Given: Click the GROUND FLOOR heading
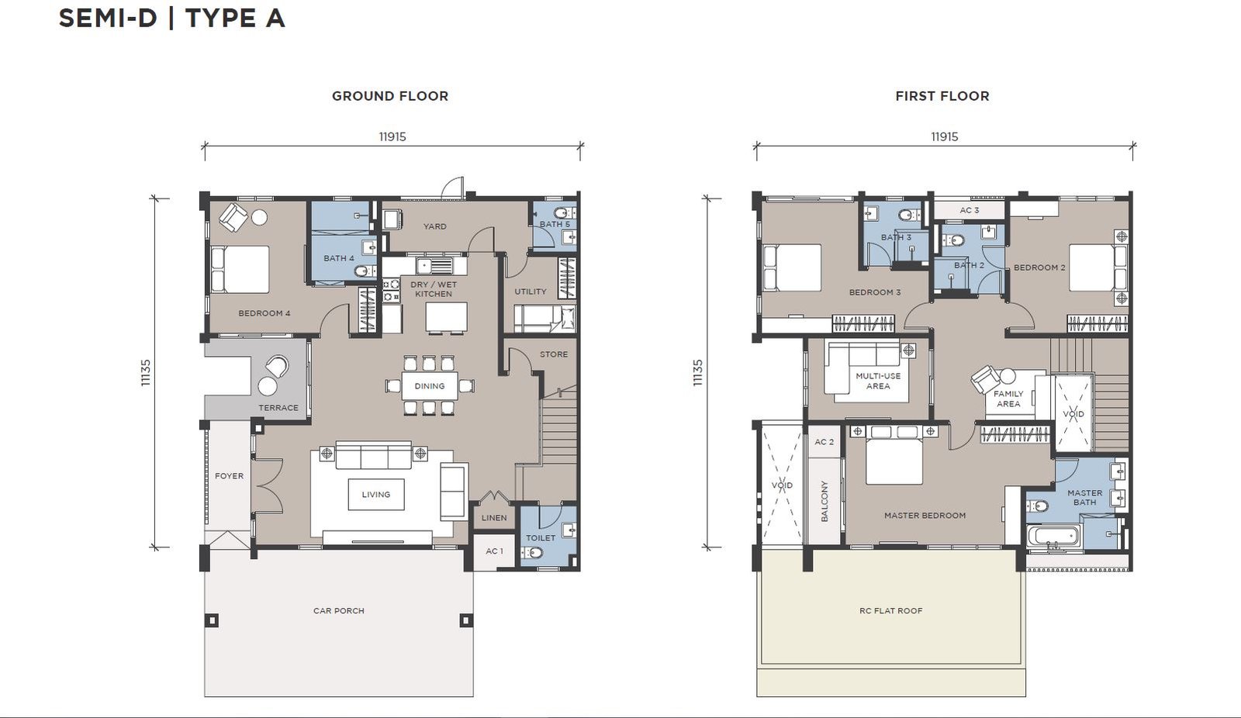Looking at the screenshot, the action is click(390, 96).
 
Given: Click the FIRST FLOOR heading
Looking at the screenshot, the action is click(942, 96).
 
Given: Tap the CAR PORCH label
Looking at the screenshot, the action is click(338, 610).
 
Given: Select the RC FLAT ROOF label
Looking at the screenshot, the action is click(891, 610).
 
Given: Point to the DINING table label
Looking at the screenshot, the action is click(430, 386).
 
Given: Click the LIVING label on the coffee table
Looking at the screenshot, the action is click(375, 494).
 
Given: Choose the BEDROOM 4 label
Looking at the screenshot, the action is click(264, 313).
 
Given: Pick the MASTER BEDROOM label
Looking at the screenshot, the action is click(925, 515).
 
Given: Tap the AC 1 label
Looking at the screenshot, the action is click(494, 551).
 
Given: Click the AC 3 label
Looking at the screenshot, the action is click(970, 211).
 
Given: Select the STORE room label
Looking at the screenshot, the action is click(554, 354).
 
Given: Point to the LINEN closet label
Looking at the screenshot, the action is click(493, 517).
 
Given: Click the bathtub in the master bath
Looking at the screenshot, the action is click(1054, 537).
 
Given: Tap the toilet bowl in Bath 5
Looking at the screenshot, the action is click(562, 212).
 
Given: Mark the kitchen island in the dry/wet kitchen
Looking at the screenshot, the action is click(446, 317).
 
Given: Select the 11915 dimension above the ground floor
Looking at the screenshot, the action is click(392, 136).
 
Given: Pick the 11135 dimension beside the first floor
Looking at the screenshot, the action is click(697, 373).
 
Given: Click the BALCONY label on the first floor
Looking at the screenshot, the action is click(824, 501).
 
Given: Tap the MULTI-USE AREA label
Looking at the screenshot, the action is click(878, 381).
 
